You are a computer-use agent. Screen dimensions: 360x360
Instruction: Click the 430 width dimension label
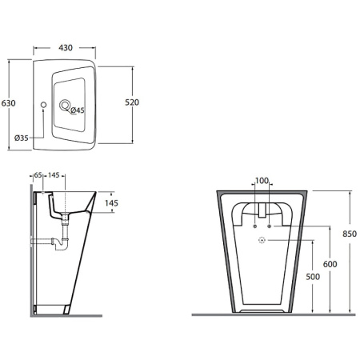tap(66, 48)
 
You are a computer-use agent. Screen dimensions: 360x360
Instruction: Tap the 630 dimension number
tap(8, 103)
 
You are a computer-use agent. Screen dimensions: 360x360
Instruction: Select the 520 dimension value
tap(132, 102)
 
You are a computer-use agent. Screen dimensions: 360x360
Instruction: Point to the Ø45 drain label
tap(78, 110)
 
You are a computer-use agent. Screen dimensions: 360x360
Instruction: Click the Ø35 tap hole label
tap(22, 138)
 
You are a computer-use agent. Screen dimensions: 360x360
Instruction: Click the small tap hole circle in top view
tap(43, 105)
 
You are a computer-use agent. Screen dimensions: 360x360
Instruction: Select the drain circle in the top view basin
tap(65, 105)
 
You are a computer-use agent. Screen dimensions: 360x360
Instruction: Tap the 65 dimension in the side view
tap(38, 175)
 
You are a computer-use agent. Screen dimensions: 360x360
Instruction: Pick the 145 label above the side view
tap(54, 175)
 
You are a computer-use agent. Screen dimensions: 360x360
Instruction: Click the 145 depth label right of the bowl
tap(111, 203)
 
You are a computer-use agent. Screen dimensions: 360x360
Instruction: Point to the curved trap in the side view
tap(61, 243)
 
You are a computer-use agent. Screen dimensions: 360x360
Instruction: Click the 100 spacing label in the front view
tap(262, 181)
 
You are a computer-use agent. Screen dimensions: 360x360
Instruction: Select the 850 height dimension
tap(350, 234)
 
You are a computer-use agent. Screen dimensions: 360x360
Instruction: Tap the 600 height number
tap(330, 264)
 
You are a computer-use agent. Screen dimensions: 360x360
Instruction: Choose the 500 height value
tap(313, 277)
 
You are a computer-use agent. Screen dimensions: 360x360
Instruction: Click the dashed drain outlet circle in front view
tap(262, 240)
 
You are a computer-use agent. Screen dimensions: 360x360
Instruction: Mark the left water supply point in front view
tap(254, 226)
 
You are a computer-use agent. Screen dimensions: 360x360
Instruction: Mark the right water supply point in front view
tap(269, 226)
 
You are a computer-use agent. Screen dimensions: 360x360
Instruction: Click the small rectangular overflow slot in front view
tap(262, 210)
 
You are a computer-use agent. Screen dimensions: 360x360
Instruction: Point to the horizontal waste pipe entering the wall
tap(42, 241)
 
